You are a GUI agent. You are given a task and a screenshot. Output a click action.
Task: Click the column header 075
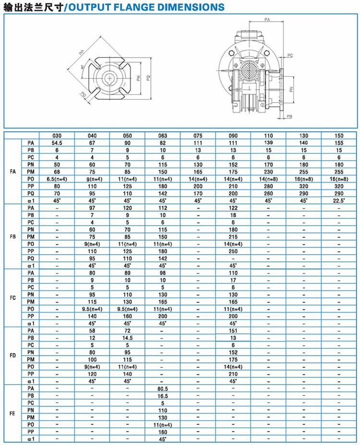coord(198,136)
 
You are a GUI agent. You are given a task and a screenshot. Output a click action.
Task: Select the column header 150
coord(339,136)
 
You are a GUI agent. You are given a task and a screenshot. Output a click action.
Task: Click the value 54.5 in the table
coord(57,143)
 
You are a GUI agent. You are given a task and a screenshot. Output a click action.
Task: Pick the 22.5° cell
coord(339,200)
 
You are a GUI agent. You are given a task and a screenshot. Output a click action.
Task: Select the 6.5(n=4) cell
coord(57,179)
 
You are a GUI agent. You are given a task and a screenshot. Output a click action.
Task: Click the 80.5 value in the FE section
coord(162,388)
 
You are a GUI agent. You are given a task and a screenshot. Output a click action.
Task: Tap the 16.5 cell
coord(162,396)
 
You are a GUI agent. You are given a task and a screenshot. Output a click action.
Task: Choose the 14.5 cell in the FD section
coord(127,338)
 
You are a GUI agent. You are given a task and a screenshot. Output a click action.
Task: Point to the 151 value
coord(233,331)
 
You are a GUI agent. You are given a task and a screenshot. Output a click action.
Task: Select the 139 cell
coord(268,143)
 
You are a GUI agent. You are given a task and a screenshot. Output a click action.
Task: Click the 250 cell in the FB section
coord(233,251)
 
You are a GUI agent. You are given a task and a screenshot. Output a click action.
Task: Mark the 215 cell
coord(233,236)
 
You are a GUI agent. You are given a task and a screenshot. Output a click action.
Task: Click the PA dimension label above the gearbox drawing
coord(266,19)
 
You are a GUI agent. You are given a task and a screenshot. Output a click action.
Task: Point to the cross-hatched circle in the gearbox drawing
coord(252,73)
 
